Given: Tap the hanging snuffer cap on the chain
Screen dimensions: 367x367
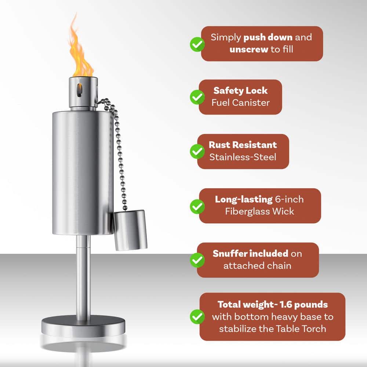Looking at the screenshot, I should click(x=131, y=230).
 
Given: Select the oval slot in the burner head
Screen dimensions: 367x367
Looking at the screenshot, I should click(x=79, y=90).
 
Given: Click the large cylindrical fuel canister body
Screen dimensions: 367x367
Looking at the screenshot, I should click(x=82, y=172).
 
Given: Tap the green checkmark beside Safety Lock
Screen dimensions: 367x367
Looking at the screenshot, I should click(x=197, y=97).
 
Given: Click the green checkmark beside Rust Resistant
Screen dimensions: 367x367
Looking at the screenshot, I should click(x=197, y=151).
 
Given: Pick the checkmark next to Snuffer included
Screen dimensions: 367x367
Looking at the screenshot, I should click(x=197, y=260).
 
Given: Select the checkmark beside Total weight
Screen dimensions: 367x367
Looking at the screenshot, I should click(x=197, y=316).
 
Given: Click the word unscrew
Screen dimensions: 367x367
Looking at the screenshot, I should click(x=249, y=49).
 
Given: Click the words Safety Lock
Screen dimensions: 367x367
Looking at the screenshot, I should click(x=240, y=91).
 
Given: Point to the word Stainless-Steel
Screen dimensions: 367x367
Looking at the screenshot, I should click(x=243, y=157).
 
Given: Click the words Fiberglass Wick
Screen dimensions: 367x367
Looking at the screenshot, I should click(x=260, y=211).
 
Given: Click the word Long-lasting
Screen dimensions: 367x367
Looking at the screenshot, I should click(x=243, y=200).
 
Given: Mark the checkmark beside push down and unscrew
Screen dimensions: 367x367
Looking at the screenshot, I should click(x=197, y=44).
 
